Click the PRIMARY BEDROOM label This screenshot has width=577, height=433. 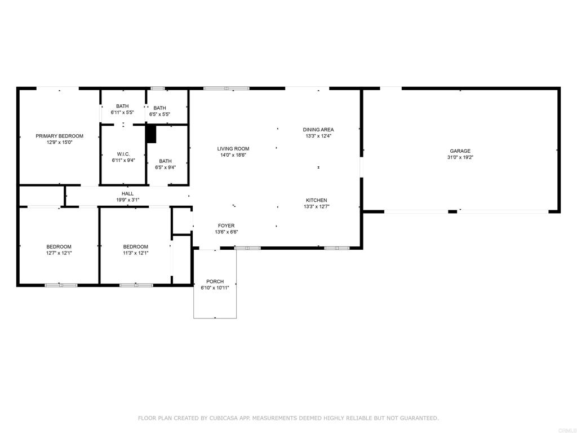click(x=59, y=136)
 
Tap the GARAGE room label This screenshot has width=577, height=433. click(x=460, y=151)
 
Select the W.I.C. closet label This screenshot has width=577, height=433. click(x=123, y=154)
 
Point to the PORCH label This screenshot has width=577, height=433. click(x=215, y=281)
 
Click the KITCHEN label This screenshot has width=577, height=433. click(x=317, y=200)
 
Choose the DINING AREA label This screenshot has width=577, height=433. click(x=318, y=130)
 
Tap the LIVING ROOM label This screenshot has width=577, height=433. click(x=233, y=149)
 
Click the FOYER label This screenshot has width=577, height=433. click(x=227, y=226)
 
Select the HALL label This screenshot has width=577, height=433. click(x=128, y=194)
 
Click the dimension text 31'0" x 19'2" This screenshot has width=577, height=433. click(x=460, y=157)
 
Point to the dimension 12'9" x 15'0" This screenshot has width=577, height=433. click(x=59, y=142)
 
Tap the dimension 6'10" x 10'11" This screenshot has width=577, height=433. click(x=215, y=288)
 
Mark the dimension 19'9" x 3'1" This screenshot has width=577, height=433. click(x=128, y=200)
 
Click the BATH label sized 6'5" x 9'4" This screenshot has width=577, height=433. click(x=165, y=161)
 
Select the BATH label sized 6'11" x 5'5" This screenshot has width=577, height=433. click(x=122, y=106)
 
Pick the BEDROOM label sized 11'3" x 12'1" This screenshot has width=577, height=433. click(x=135, y=247)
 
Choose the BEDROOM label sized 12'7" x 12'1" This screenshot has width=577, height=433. click(x=59, y=247)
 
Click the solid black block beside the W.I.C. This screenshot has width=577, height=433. click(x=151, y=134)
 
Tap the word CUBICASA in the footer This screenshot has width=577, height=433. click(x=224, y=418)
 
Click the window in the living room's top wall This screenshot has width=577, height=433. click(x=227, y=89)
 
